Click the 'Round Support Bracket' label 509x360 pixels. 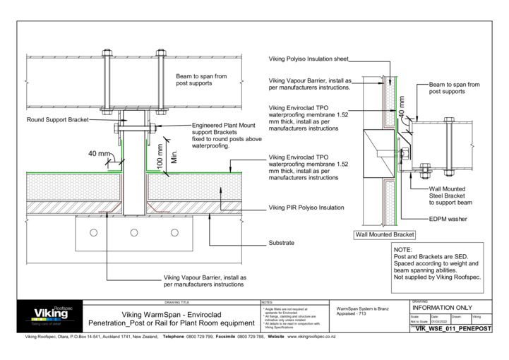point(58,120)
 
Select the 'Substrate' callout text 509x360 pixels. point(281,243)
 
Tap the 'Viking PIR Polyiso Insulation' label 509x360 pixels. point(306,208)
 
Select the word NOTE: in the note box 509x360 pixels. point(403,251)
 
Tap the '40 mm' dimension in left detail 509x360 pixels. point(100,153)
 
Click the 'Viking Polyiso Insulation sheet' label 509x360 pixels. point(309,59)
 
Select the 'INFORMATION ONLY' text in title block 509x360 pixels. point(442,308)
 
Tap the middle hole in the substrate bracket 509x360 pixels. point(133,232)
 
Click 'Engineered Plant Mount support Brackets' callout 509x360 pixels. point(224,136)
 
